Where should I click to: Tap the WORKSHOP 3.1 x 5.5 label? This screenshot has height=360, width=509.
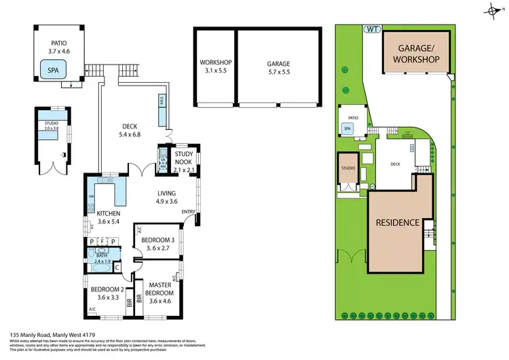[216, 67]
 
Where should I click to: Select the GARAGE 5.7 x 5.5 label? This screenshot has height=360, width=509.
[278, 67]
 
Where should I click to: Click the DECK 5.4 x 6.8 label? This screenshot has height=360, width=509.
[130, 130]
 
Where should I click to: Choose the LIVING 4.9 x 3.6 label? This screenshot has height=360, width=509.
[166, 197]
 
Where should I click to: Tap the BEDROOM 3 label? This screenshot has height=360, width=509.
[157, 244]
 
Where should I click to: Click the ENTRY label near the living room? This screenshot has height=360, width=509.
[187, 213]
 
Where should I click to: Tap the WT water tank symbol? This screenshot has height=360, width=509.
[372, 29]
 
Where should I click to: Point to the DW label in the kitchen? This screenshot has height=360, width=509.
[91, 198]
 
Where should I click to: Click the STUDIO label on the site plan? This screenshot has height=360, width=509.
[348, 168]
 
